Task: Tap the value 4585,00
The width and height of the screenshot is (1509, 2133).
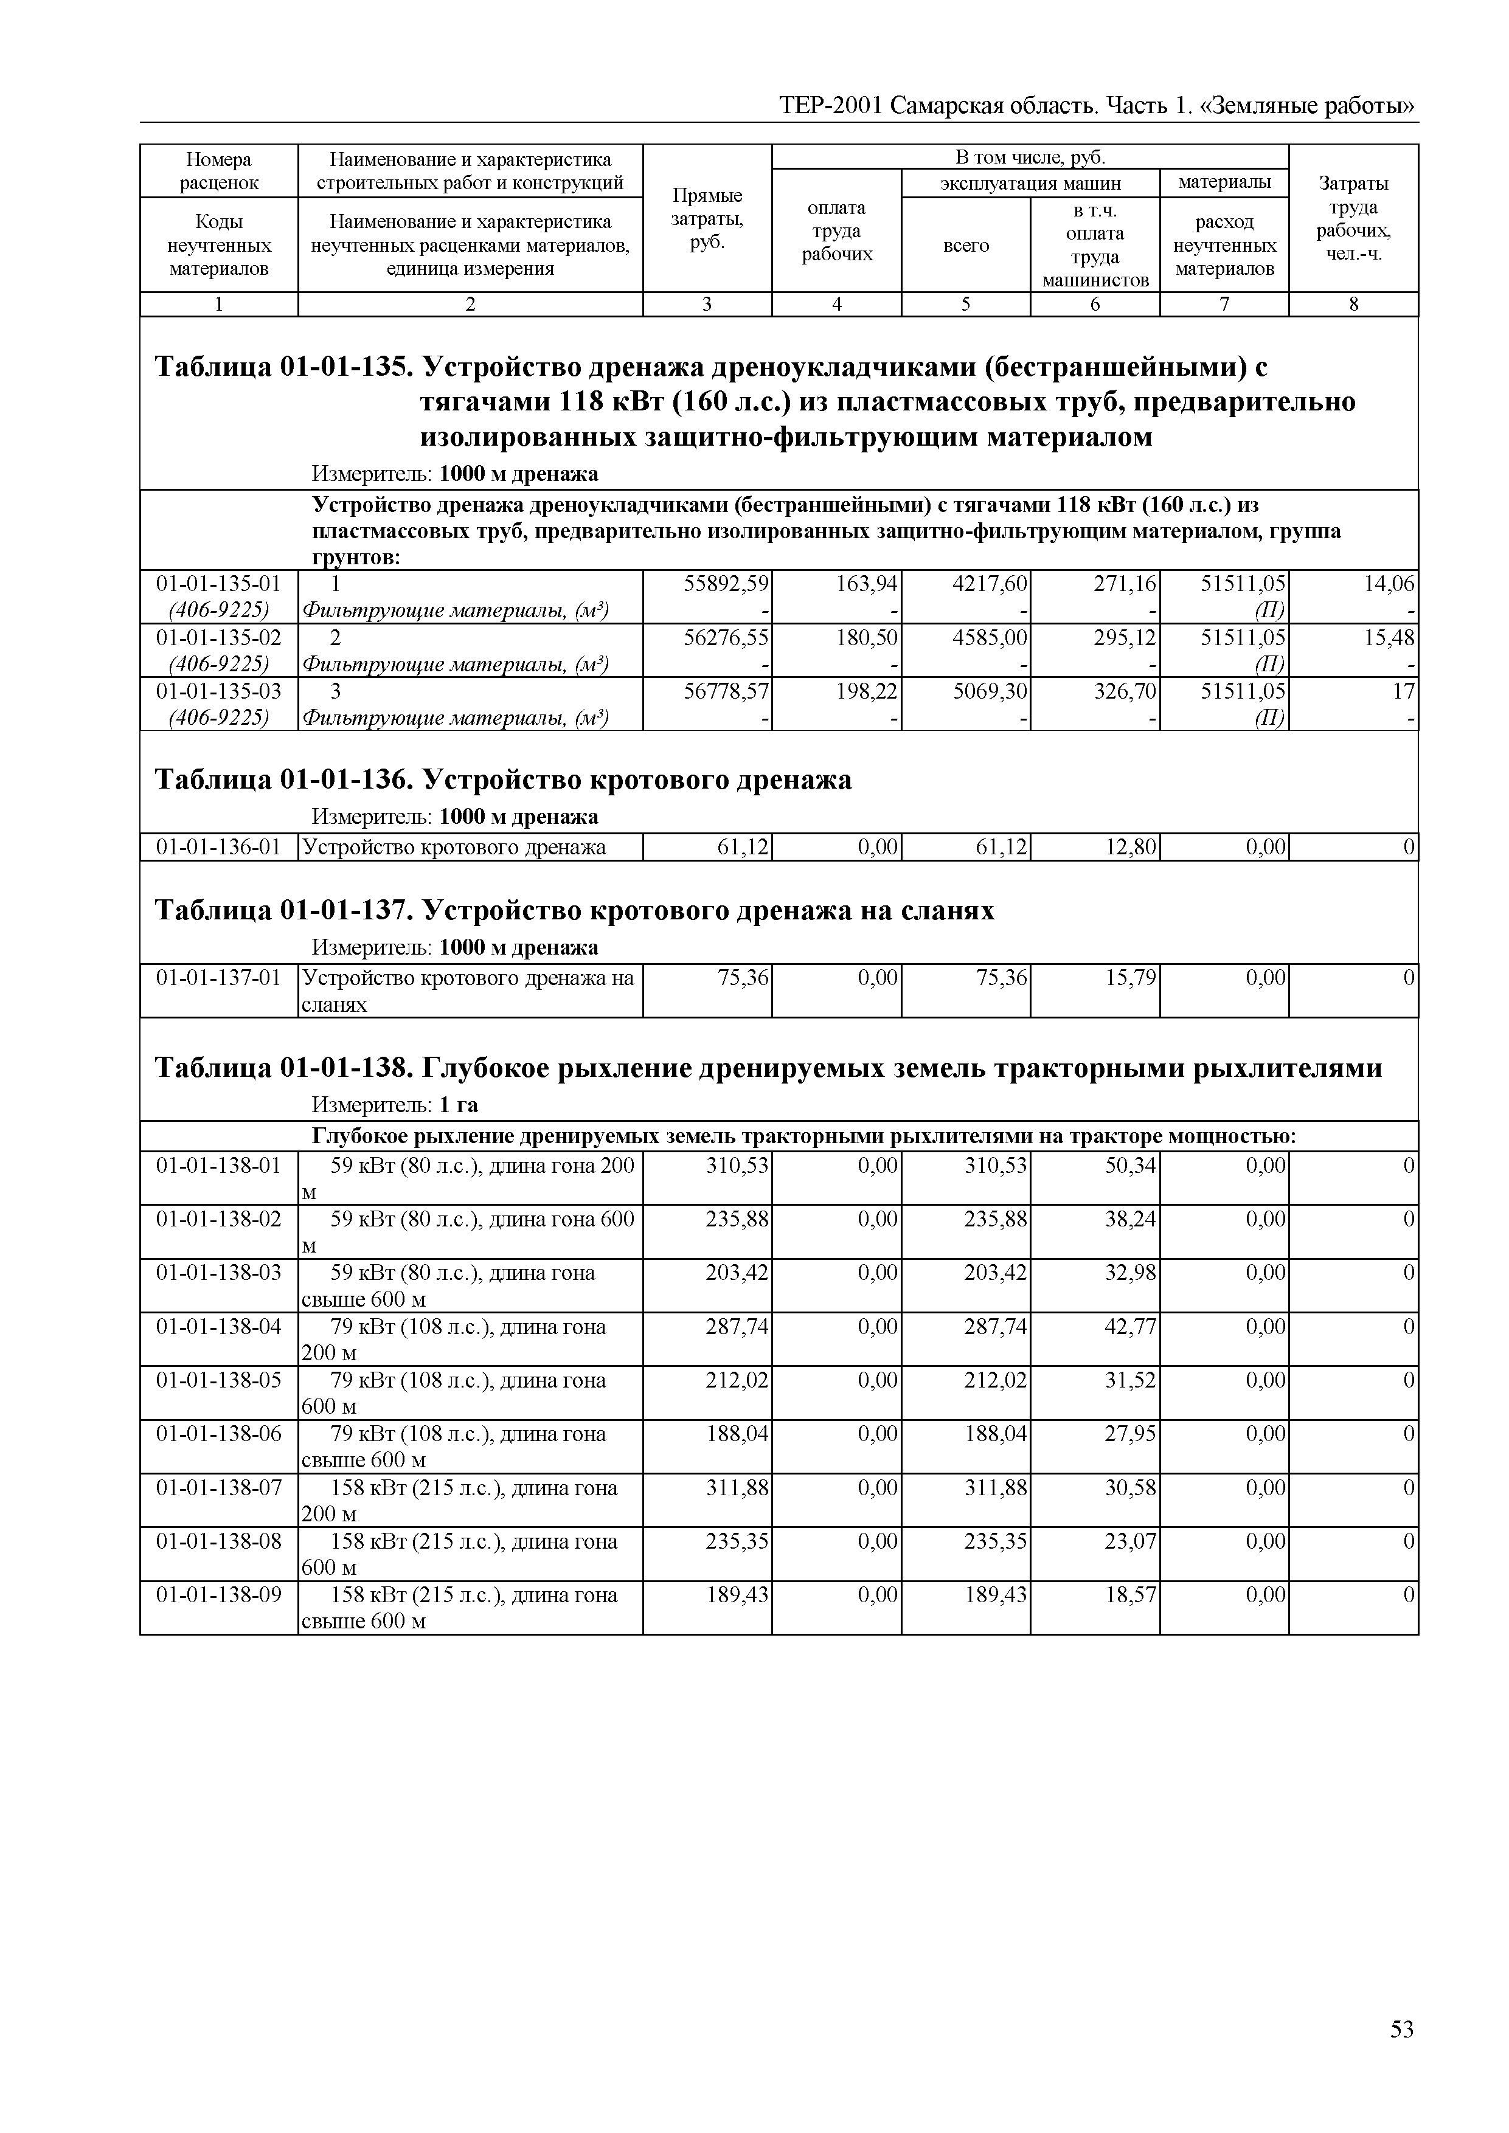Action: point(991,637)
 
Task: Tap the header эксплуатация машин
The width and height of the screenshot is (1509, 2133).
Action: point(1030,183)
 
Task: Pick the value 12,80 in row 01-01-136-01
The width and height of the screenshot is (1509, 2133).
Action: point(1131,847)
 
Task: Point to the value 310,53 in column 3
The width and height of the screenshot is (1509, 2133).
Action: point(737,1165)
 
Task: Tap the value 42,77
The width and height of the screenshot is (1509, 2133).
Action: point(1131,1327)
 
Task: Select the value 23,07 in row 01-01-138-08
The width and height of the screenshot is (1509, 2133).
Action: point(1131,1541)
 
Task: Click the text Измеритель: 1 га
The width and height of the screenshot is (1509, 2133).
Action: point(394,1105)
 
